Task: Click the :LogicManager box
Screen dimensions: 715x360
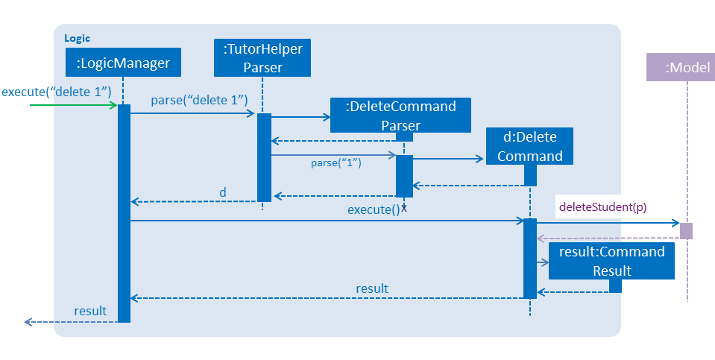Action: [123, 63]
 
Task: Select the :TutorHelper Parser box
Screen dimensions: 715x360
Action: [262, 58]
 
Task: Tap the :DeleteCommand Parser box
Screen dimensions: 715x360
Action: [400, 116]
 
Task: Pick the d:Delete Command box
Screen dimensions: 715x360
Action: [529, 146]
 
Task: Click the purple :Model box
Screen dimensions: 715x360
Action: [681, 67]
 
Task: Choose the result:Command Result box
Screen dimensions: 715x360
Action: [611, 261]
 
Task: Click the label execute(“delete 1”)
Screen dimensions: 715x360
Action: [57, 92]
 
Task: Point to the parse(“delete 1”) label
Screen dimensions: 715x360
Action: [199, 101]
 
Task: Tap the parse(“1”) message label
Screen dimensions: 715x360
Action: [336, 162]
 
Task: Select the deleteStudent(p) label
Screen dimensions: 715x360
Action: [603, 207]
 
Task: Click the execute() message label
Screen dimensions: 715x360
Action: [374, 209]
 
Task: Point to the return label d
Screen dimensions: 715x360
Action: [222, 192]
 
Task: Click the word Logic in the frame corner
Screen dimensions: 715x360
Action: [77, 38]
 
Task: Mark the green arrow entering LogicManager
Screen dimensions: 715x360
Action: [73, 105]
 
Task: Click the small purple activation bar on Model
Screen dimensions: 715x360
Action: [686, 231]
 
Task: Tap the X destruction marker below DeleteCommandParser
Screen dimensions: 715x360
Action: [403, 209]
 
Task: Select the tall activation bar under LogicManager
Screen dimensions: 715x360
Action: [124, 213]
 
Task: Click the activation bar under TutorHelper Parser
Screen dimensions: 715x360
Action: [264, 157]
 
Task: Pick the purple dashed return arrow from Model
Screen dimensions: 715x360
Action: [608, 239]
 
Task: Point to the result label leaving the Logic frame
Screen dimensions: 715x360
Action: [90, 311]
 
